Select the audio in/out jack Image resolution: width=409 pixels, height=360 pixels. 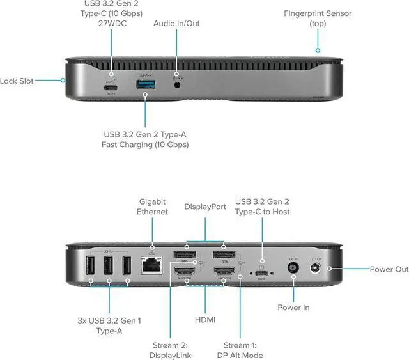coord(178,82)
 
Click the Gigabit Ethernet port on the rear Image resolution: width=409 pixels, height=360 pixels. coord(152,263)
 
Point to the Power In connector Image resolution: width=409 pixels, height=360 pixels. coord(293,269)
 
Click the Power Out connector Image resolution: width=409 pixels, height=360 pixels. coord(315,269)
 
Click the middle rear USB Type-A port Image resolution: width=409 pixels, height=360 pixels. coord(109,266)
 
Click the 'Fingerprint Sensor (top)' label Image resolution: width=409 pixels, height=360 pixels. coord(318,18)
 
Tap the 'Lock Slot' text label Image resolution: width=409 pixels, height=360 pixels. coord(17,81)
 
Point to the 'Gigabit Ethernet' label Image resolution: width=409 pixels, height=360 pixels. coord(152,206)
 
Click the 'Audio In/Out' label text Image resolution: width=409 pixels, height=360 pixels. coord(176,24)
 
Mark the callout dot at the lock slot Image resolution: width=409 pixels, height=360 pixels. coord(63,81)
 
